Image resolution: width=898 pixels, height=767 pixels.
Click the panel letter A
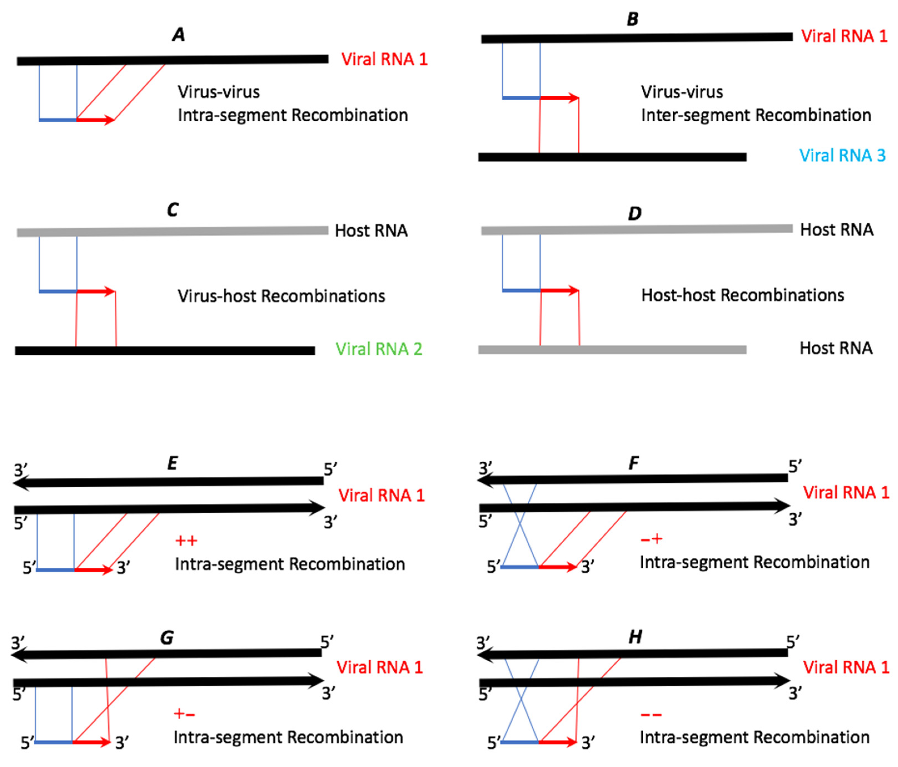178,35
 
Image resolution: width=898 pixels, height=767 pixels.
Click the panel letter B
632,19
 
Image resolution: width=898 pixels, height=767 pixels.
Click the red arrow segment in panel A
95,120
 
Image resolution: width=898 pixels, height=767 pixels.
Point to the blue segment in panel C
58,291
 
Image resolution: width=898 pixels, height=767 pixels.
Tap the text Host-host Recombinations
742,295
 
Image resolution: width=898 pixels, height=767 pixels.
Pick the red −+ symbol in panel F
651,539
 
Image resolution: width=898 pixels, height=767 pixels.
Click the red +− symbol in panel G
184,714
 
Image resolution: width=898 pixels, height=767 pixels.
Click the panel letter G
167,637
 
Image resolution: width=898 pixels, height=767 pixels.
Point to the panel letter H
635,637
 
